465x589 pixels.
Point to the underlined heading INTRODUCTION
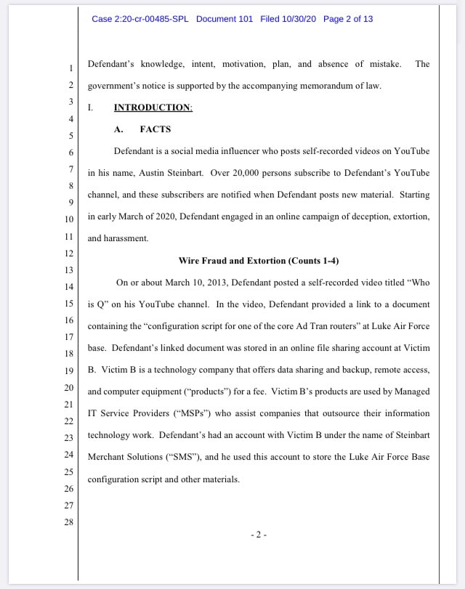pos(153,107)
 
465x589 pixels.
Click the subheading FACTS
pos(155,129)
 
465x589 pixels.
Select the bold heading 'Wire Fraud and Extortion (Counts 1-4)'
pos(259,260)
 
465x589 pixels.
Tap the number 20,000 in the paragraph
pos(248,174)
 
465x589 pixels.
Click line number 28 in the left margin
pos(70,522)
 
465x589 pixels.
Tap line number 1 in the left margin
pos(70,68)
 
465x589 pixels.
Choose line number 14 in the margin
pos(70,287)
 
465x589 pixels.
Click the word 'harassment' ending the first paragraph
pos(128,238)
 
